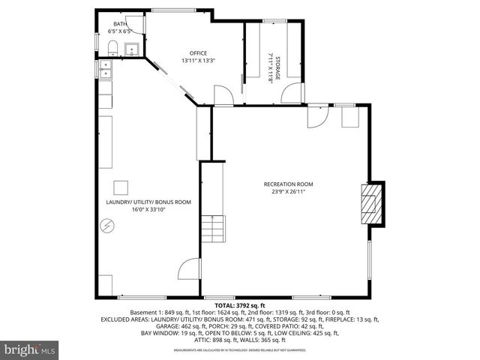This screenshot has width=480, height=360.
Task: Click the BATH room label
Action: pyautogui.click(x=120, y=24)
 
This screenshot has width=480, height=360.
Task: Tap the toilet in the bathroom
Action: pyautogui.click(x=112, y=49)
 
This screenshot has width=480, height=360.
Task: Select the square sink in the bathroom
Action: pyautogui.click(x=131, y=50)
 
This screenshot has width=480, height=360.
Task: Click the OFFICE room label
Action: pyautogui.click(x=198, y=52)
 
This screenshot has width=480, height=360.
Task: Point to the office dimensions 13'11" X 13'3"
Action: pyautogui.click(x=198, y=60)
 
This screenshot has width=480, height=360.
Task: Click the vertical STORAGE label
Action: pyautogui.click(x=277, y=68)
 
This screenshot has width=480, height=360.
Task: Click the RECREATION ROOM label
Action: pyautogui.click(x=288, y=184)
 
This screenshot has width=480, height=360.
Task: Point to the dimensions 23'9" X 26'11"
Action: pyautogui.click(x=288, y=191)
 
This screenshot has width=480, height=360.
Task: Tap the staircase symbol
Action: pyautogui.click(x=212, y=228)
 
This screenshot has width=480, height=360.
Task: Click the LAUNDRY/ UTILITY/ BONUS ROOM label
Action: pyautogui.click(x=148, y=202)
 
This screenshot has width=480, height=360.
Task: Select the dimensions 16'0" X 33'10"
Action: pyautogui.click(x=148, y=209)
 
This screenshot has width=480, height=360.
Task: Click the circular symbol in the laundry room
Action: pyautogui.click(x=107, y=225)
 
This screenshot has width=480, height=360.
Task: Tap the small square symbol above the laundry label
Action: pyautogui.click(x=121, y=187)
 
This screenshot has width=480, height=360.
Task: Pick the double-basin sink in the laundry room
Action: pyautogui.click(x=104, y=70)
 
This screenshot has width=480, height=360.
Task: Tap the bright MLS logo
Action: pyautogui.click(x=30, y=349)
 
